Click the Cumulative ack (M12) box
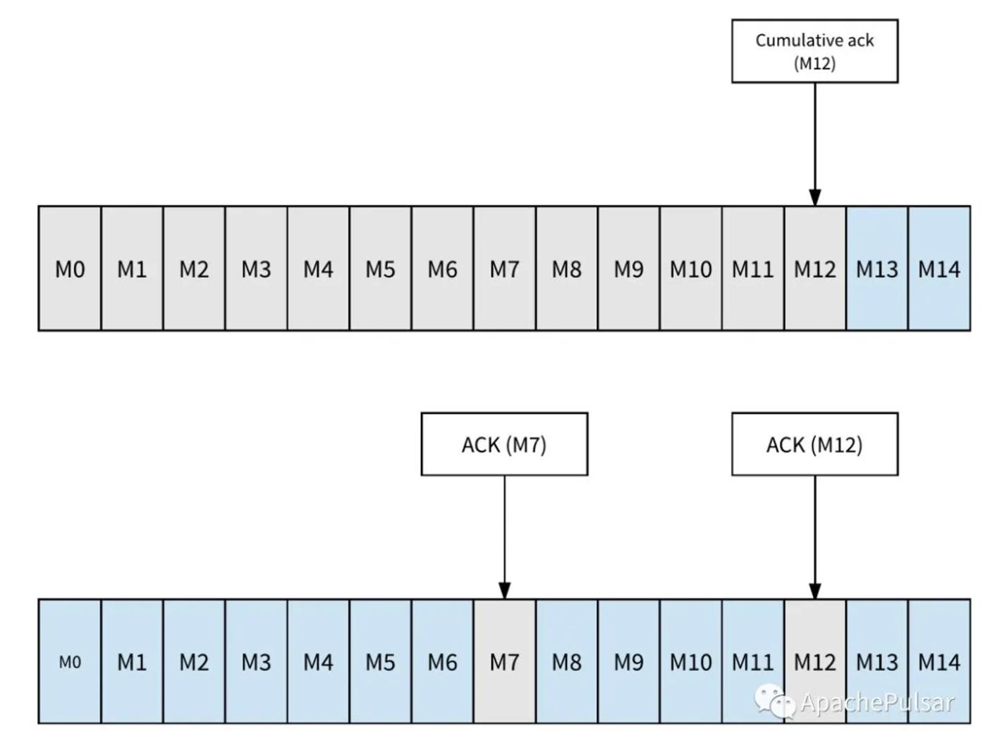click(x=814, y=51)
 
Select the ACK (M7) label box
click(x=504, y=444)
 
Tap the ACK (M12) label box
click(x=814, y=444)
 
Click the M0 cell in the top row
click(x=70, y=268)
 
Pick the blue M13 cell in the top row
click(x=876, y=268)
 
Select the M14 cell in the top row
click(x=939, y=268)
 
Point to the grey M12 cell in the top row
click(x=814, y=268)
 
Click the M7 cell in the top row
click(x=504, y=268)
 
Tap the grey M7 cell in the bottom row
click(x=504, y=661)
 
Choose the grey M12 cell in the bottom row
click(x=814, y=661)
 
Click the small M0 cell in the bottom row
click(x=70, y=661)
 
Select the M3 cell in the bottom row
click(x=256, y=661)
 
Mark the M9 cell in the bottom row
click(x=628, y=661)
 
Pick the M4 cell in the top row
click(x=318, y=268)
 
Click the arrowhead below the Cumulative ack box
click(x=815, y=197)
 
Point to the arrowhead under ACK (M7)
click(x=504, y=591)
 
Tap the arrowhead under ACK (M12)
click(x=815, y=591)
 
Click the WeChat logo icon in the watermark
click(x=774, y=701)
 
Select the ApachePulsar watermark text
click(x=877, y=702)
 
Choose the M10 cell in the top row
click(x=690, y=268)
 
